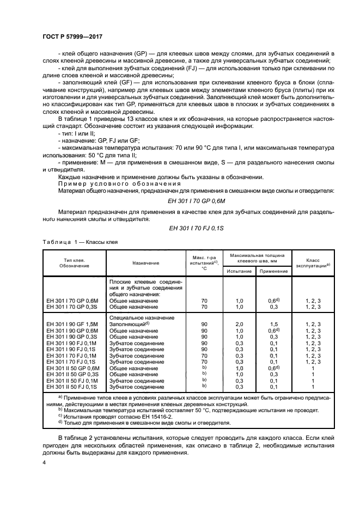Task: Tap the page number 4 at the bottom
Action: [x=45, y=462]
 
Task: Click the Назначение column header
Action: [x=145, y=263]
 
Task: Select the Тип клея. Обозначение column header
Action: [x=75, y=263]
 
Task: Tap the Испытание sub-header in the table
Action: [x=239, y=271]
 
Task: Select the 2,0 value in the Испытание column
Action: [x=239, y=324]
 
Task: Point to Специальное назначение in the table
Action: [x=142, y=317]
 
